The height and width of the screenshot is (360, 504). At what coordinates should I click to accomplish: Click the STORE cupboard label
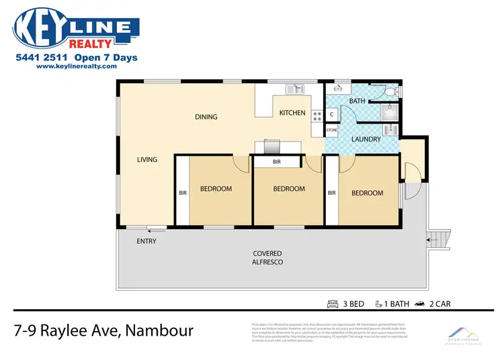(x=331, y=130)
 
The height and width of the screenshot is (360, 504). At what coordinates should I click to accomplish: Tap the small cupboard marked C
(x=332, y=114)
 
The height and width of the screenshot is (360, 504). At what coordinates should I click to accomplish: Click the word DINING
(x=206, y=117)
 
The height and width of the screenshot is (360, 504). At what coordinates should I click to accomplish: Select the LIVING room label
(x=147, y=160)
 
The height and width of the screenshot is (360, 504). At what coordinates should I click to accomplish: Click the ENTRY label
(x=146, y=240)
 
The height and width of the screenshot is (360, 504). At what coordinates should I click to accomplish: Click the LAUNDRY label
(x=366, y=140)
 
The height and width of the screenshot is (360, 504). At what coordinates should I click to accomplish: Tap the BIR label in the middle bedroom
(x=277, y=163)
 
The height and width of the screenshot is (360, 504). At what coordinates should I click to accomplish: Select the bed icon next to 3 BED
(x=333, y=304)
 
